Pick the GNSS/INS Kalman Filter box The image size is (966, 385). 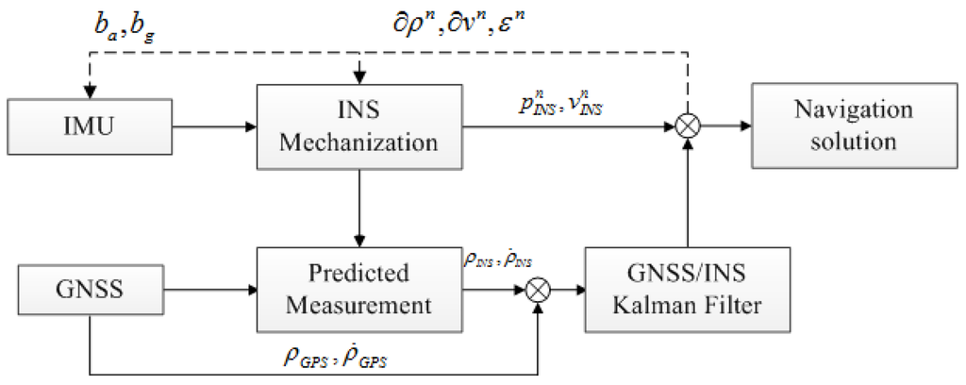(x=687, y=290)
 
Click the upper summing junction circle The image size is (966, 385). (x=687, y=125)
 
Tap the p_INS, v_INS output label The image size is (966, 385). (x=562, y=107)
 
